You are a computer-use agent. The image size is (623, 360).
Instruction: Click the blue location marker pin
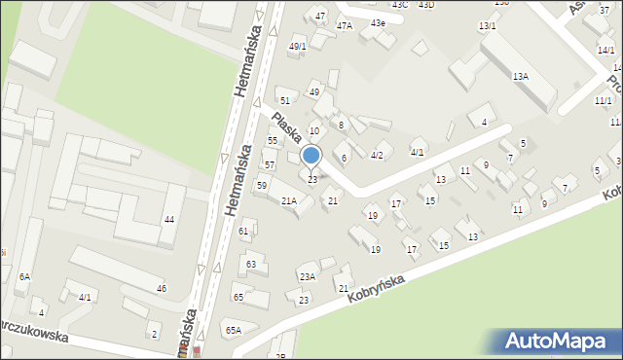(x=311, y=156)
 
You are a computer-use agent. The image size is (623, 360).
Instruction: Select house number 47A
(x=345, y=26)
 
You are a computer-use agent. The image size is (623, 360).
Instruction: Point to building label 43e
(x=377, y=22)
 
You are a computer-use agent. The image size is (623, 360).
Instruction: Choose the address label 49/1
(x=298, y=46)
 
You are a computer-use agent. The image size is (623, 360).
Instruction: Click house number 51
(x=284, y=100)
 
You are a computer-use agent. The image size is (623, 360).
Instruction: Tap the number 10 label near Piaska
(x=313, y=130)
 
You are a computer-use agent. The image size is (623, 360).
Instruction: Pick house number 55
(x=273, y=140)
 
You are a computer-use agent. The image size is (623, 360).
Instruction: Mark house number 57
(x=269, y=164)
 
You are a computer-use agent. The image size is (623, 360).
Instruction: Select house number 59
(x=262, y=185)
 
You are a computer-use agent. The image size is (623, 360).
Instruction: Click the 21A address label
(x=289, y=200)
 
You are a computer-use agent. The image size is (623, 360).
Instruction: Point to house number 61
(x=244, y=231)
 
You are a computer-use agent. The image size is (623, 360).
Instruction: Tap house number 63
(x=251, y=264)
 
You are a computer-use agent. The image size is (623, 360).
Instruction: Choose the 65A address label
(x=234, y=330)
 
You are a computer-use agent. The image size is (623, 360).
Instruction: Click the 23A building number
(x=307, y=276)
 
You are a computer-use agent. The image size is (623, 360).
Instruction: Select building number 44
(x=169, y=219)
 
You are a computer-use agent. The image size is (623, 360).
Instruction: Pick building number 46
(x=162, y=288)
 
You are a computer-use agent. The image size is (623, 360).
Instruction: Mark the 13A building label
(x=521, y=75)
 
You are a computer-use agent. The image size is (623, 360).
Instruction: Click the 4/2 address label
(x=377, y=155)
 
